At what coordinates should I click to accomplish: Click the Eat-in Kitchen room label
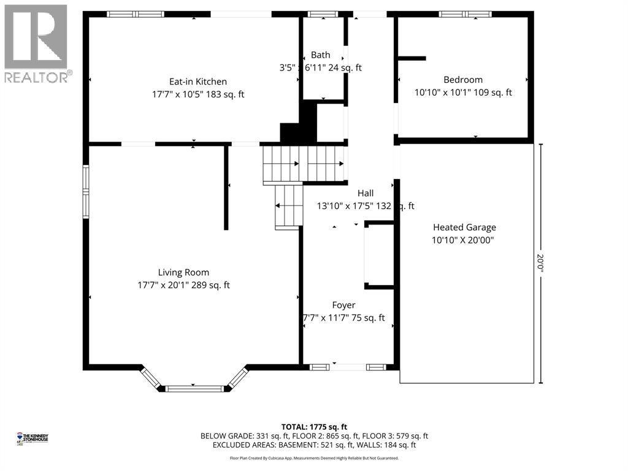[198, 81]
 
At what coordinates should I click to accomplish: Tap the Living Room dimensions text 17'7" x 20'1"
[184, 285]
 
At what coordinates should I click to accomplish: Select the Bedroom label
[463, 80]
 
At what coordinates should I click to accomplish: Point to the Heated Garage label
[464, 227]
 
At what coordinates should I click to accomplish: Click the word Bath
[320, 55]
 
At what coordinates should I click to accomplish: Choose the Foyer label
[343, 305]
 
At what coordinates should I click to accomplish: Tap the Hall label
[366, 193]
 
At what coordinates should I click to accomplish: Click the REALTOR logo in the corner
[36, 43]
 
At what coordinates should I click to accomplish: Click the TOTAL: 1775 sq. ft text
[314, 426]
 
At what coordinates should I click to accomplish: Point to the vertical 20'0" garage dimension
[540, 264]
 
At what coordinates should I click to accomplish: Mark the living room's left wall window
[86, 191]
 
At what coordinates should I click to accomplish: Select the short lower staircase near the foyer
[289, 206]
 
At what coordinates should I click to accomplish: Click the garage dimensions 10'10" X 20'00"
[463, 240]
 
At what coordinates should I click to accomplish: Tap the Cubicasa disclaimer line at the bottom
[314, 458]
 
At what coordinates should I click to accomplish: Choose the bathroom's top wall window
[318, 13]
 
